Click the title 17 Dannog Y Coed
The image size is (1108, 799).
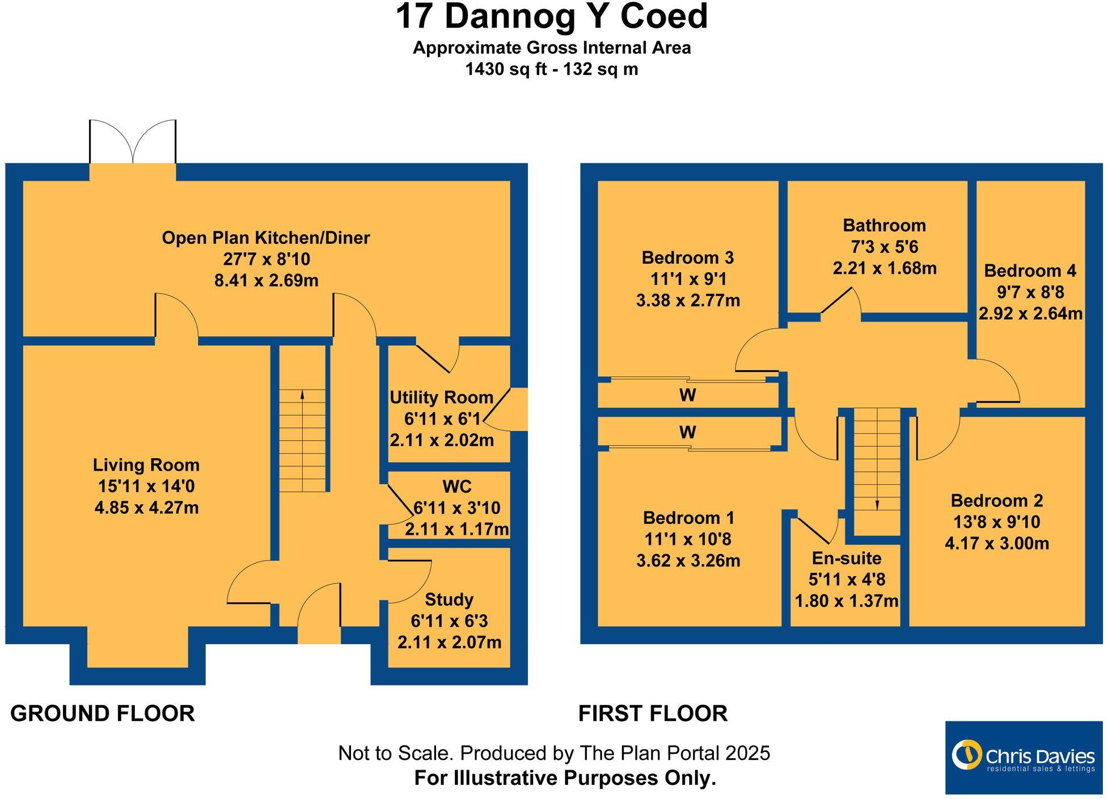pyautogui.click(x=551, y=17)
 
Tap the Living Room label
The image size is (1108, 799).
pyautogui.click(x=146, y=465)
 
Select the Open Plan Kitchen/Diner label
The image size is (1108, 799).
pyautogui.click(x=265, y=238)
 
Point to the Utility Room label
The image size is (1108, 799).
pyautogui.click(x=441, y=398)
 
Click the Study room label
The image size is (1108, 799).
pyautogui.click(x=449, y=599)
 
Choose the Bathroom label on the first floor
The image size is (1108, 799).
pyautogui.click(x=884, y=226)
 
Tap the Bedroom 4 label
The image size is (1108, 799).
pyautogui.click(x=1030, y=271)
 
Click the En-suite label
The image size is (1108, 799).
pyautogui.click(x=846, y=559)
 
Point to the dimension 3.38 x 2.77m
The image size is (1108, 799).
pyautogui.click(x=688, y=301)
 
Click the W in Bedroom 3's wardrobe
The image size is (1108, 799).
pyautogui.click(x=687, y=395)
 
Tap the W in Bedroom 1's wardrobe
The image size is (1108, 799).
pyautogui.click(x=687, y=433)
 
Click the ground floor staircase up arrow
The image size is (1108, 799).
pyautogui.click(x=302, y=395)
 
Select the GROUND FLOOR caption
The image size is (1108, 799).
pyautogui.click(x=103, y=713)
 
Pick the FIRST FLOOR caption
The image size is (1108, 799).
pyautogui.click(x=653, y=713)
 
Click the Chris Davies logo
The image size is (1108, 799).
pyautogui.click(x=1023, y=757)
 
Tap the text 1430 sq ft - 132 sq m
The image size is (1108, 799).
pyautogui.click(x=551, y=69)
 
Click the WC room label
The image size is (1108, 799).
pyautogui.click(x=456, y=487)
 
